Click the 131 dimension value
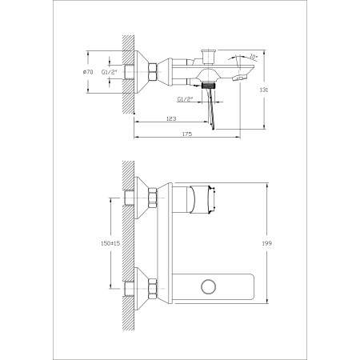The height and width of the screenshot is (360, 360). coord(264,90)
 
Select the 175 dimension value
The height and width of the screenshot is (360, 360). coord(187,134)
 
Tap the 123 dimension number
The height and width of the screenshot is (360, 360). coord(171,118)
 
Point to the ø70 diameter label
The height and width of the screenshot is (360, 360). coord(88,72)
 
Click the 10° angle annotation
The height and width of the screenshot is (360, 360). coord(254,57)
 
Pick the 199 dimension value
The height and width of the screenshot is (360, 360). coord(267,243)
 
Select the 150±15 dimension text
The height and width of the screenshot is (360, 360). coord(110,243)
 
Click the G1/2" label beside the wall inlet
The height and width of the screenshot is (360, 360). coord(110,72)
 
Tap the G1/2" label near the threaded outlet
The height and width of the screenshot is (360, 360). coord(185,99)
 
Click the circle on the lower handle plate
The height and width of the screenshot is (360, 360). coord(209,286)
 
